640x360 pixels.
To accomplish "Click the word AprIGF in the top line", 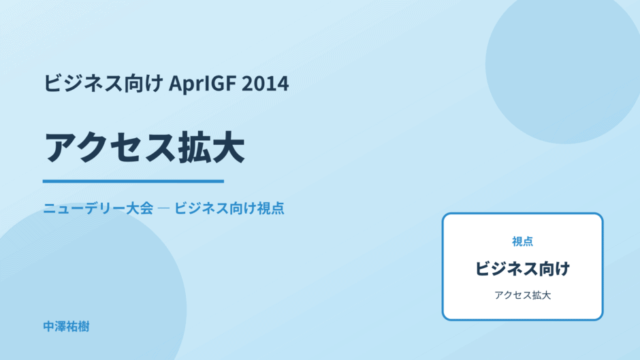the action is (202, 84).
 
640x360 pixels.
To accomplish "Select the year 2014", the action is (266, 83).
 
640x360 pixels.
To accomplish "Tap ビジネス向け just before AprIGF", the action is (103, 83).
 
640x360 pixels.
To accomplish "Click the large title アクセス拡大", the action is (144, 148).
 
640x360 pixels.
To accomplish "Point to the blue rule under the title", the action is (133, 181).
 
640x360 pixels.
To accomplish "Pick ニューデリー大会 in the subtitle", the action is (98, 208).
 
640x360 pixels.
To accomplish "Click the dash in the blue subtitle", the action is (163, 208).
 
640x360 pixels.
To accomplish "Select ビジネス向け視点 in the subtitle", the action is (229, 208).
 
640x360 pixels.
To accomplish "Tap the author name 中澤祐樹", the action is (66, 327).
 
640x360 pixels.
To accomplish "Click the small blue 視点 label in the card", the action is (522, 242).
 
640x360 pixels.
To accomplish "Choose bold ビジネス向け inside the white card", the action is (522, 269).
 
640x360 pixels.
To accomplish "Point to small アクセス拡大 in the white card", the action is (522, 295).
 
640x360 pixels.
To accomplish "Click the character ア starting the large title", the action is (61, 148).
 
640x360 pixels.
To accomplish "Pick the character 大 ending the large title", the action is (229, 148).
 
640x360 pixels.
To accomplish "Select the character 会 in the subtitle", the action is (146, 208).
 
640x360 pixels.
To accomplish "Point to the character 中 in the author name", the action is (49, 327).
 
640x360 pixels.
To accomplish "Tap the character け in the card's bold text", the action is (562, 269).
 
